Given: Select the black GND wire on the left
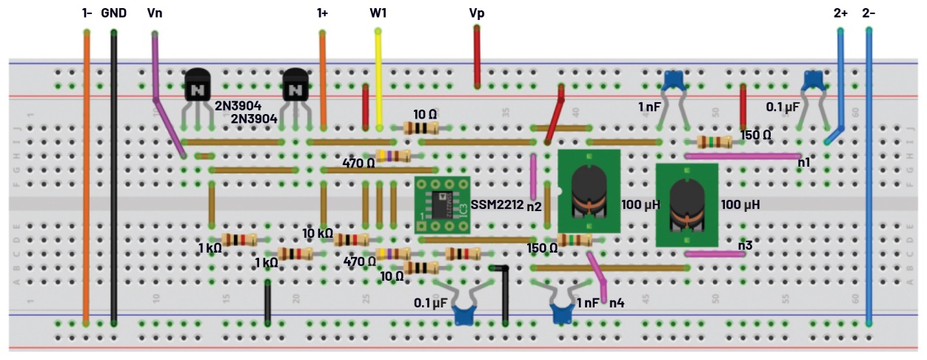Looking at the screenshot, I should [113, 178].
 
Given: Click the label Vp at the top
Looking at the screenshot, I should [477, 13].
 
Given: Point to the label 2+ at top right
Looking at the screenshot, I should [840, 13].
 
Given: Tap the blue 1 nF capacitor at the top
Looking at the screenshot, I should [673, 79].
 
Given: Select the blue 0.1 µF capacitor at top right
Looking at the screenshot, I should [813, 79].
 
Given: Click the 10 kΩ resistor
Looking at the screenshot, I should [351, 239].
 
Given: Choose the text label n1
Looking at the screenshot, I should [803, 161].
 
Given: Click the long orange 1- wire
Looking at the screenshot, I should [87, 178].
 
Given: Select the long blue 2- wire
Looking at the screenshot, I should [869, 178].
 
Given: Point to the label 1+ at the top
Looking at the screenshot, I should [322, 13].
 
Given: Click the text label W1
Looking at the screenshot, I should [378, 13].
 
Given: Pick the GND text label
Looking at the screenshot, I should [113, 13].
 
